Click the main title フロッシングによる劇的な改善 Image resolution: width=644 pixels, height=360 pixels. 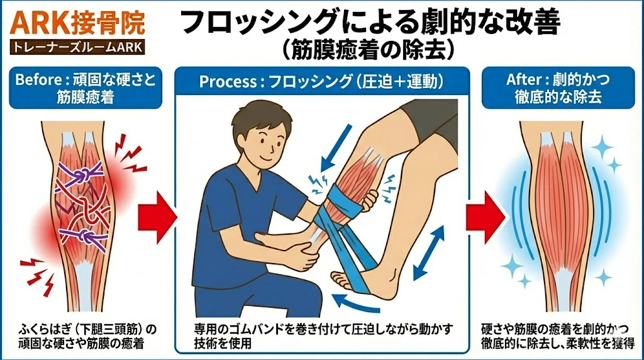point(370,23)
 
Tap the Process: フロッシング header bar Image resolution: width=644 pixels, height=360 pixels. point(322,82)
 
